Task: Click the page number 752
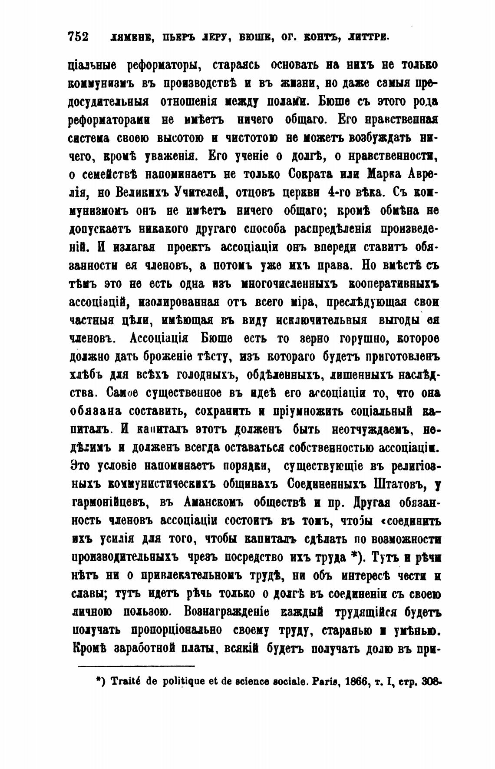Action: (x=79, y=37)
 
